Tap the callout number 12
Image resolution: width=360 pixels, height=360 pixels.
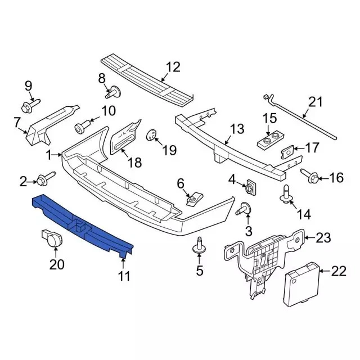click(x=173, y=67)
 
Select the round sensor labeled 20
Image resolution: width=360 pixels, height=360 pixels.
click(x=52, y=238)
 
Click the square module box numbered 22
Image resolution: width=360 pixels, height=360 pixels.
click(x=302, y=284)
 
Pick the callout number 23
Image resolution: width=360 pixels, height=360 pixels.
click(x=323, y=238)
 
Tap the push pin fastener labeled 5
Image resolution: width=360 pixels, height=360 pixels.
click(x=199, y=246)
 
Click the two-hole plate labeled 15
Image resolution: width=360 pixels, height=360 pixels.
click(x=270, y=141)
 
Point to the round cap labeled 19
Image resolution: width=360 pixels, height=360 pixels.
click(x=151, y=135)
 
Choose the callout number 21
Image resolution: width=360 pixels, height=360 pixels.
click(x=316, y=102)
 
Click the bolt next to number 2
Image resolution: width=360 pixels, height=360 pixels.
click(x=46, y=179)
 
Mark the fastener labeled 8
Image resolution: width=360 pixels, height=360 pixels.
click(x=114, y=92)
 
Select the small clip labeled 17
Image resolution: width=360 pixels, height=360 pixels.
click(x=287, y=152)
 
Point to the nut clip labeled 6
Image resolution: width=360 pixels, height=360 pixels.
click(x=194, y=199)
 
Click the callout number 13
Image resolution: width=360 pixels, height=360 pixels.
click(x=237, y=129)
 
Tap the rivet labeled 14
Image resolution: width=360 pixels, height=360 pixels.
click(x=286, y=195)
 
